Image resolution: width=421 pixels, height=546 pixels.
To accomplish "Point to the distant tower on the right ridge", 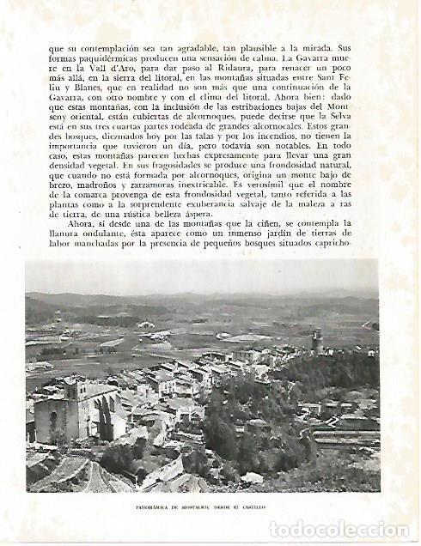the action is click(x=317, y=340).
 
